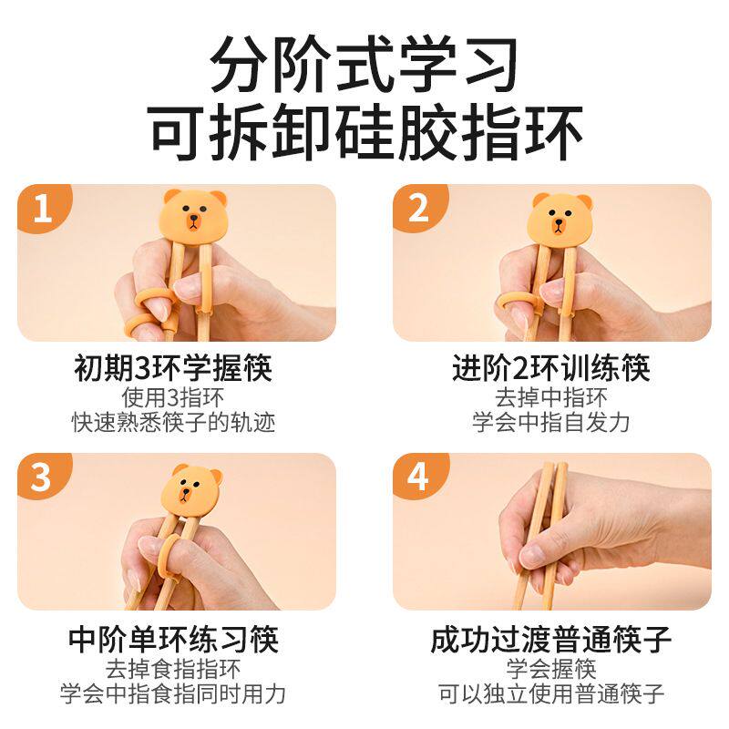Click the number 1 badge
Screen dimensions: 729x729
tap(43, 207)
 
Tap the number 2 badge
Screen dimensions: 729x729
tap(418, 207)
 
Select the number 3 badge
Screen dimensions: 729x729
tap(42, 476)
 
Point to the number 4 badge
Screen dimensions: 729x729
tap(418, 476)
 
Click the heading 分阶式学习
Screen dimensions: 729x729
tap(364, 64)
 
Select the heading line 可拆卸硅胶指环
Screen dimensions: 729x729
tap(365, 131)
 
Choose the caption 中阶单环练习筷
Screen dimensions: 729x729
tap(173, 639)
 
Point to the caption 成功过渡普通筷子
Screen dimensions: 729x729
tap(551, 639)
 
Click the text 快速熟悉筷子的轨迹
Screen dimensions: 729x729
tap(173, 422)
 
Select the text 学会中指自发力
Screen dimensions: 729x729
tap(551, 422)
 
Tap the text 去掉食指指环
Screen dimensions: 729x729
tap(173, 669)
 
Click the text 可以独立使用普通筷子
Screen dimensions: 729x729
tap(551, 694)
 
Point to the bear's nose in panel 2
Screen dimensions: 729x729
tap(558, 224)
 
